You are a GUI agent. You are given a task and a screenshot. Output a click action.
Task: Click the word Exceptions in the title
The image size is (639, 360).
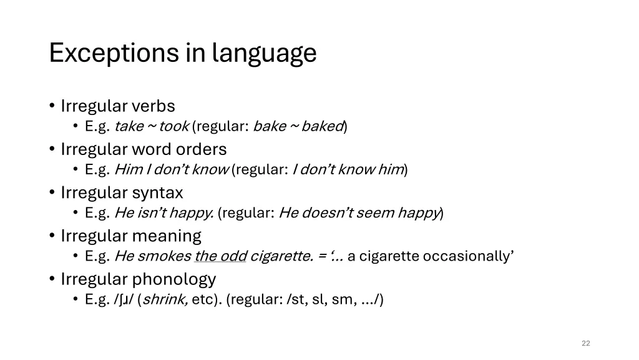pos(114,53)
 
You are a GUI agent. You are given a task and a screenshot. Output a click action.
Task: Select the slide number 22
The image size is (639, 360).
pos(585,343)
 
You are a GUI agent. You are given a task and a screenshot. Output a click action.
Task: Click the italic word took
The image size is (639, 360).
pos(174,126)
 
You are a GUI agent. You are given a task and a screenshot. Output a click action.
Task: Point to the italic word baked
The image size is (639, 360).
pos(322,126)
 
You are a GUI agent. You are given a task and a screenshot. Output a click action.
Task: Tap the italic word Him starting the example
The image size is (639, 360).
pos(129,169)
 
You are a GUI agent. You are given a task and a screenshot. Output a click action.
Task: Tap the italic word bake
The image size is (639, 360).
pos(270,126)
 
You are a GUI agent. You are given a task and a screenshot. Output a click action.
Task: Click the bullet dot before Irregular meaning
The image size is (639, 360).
pos(52,236)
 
